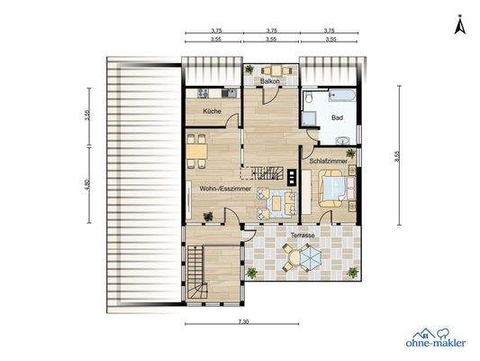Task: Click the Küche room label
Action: (213, 110)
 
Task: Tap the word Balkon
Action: (270, 82)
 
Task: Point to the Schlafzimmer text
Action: (326, 160)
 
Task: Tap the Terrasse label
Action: (303, 235)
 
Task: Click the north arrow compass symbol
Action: (458, 27)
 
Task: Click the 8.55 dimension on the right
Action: (397, 154)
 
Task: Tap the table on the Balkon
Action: (270, 70)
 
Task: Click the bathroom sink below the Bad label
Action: (346, 139)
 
